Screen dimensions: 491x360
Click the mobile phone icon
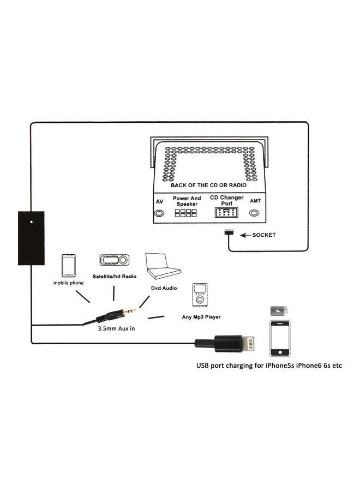tap(68, 266)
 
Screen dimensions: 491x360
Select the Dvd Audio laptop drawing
tap(163, 267)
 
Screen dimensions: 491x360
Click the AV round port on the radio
tap(160, 213)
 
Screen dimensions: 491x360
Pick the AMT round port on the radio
tap(254, 213)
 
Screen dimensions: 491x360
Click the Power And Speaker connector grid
tap(186, 213)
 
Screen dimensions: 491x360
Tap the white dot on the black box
tap(31, 222)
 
